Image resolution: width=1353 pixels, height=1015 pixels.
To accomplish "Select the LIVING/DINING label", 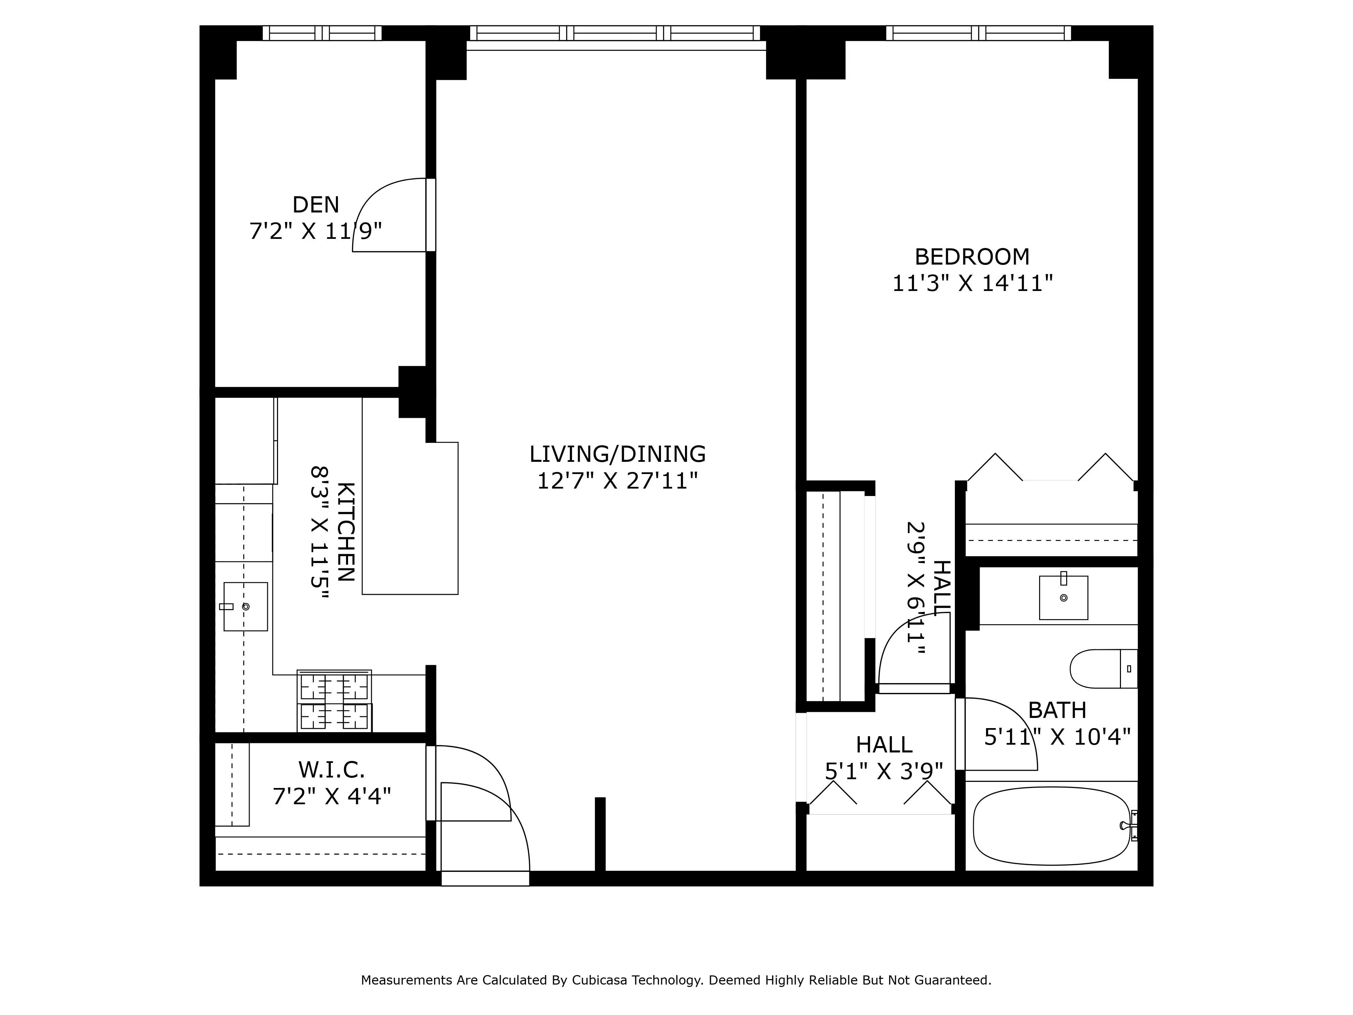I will coord(617,454).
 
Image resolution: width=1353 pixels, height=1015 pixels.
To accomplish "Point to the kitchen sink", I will coord(245,606).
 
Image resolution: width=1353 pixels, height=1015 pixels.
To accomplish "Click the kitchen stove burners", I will coord(334,701).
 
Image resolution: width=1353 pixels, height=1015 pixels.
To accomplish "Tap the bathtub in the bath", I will coord(1051,826).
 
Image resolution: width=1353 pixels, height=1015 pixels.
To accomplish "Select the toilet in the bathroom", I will coord(1101,669).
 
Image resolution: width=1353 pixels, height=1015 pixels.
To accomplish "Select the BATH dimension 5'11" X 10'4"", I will coord(1057,737).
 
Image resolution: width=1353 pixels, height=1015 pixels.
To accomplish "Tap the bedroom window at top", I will coord(978,33).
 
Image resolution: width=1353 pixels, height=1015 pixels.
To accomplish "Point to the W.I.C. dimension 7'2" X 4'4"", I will coord(331,796).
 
